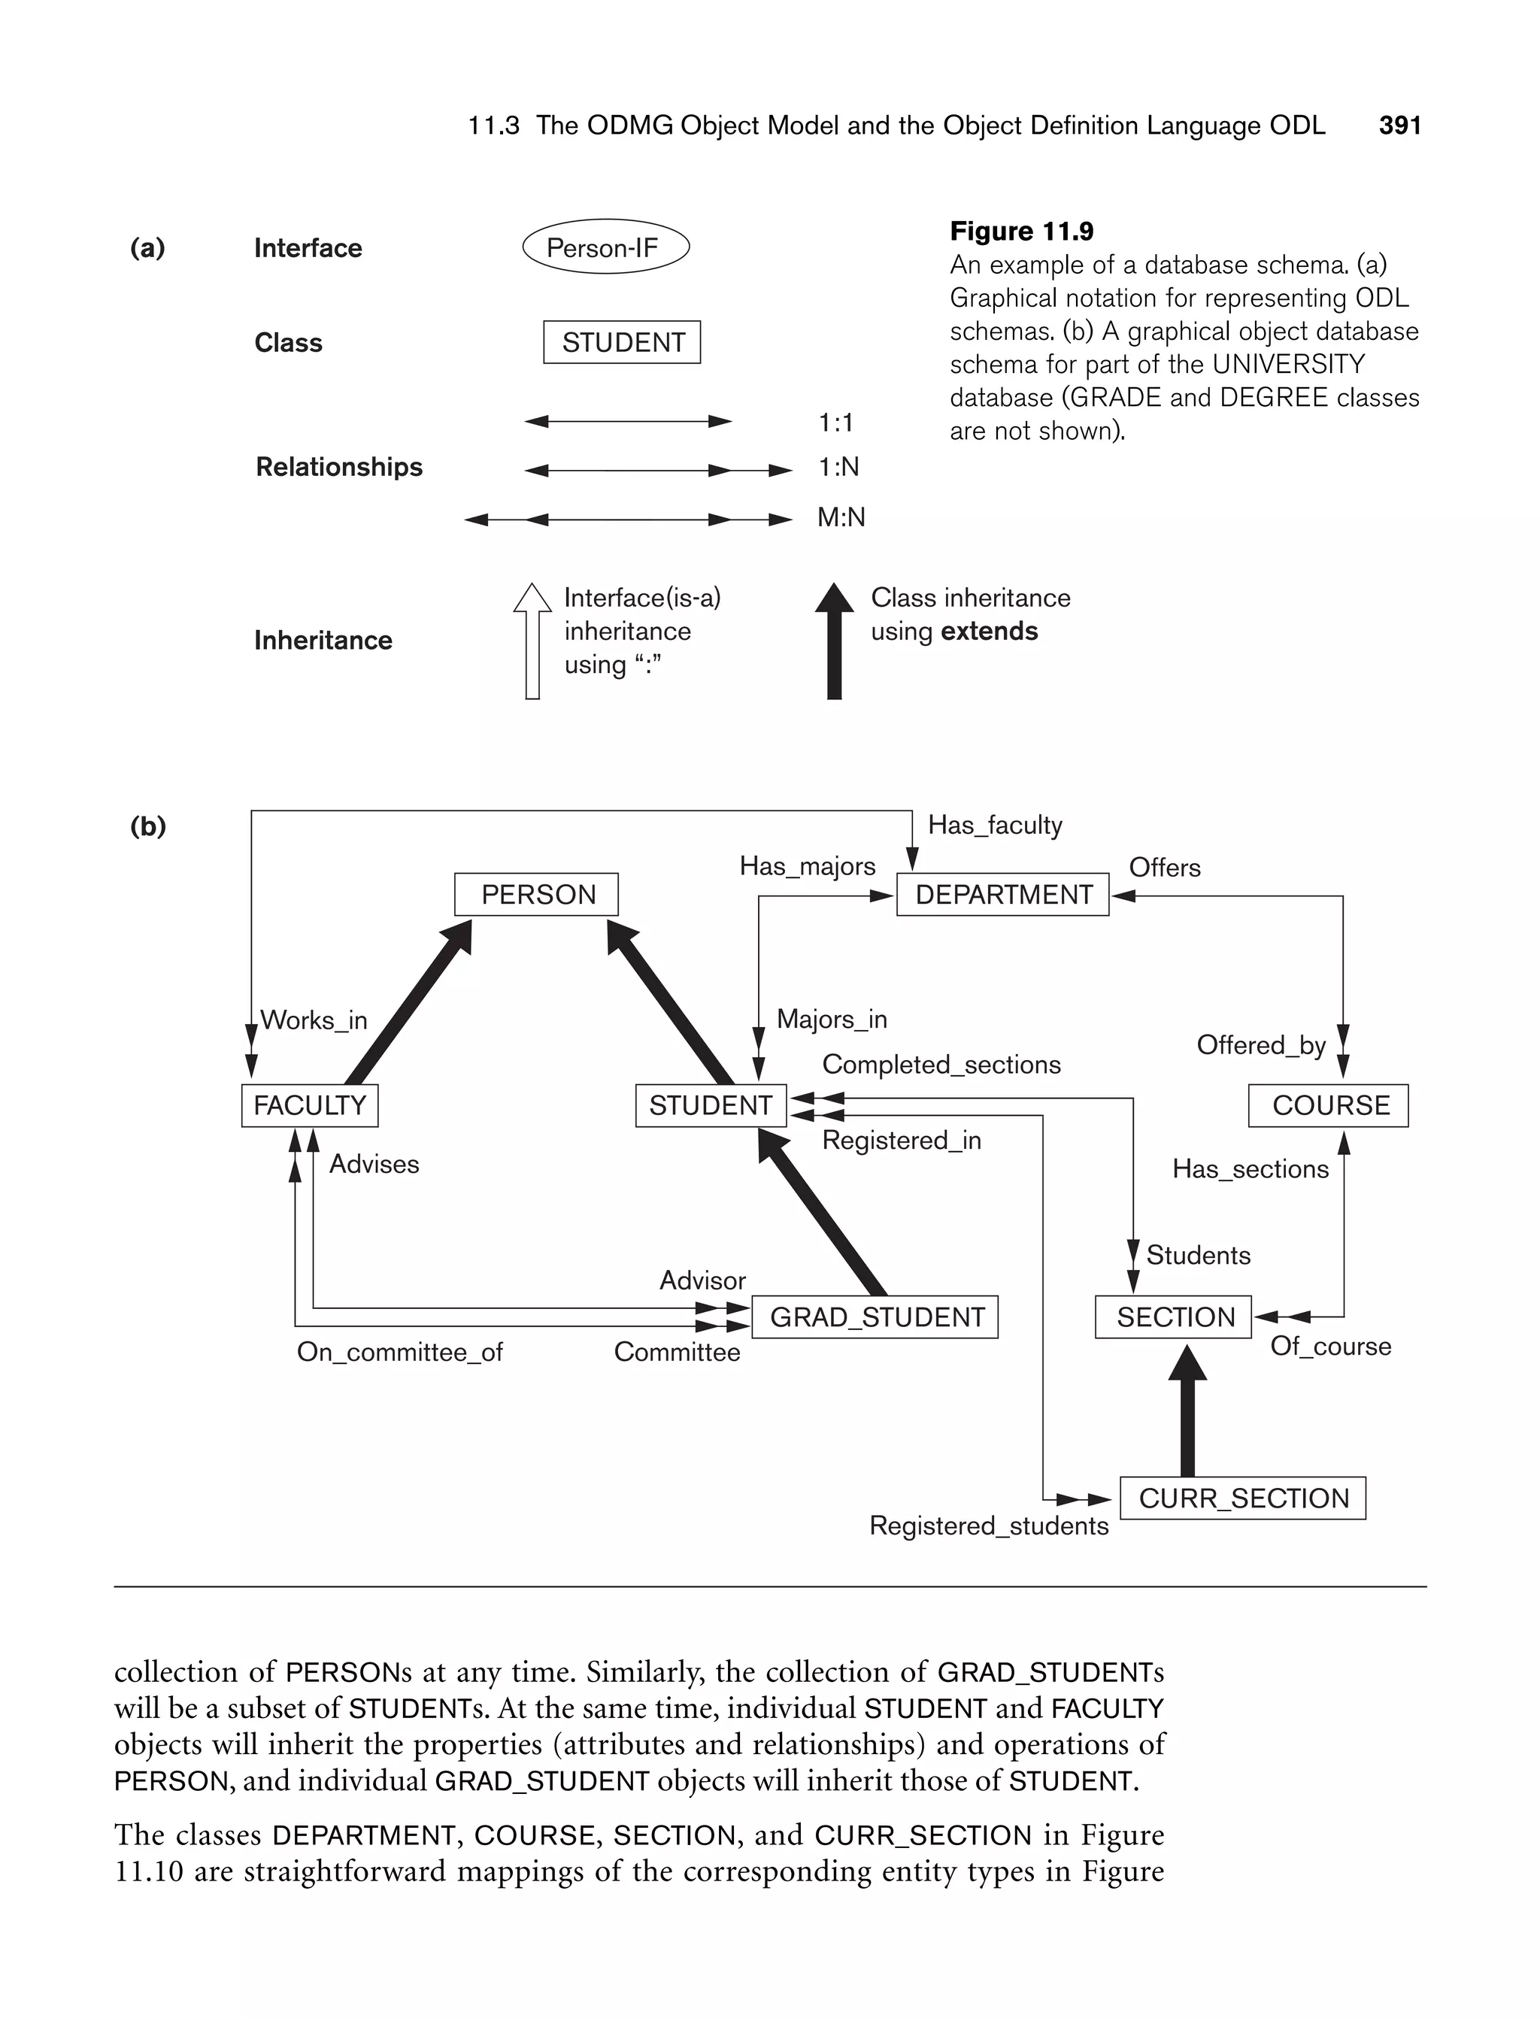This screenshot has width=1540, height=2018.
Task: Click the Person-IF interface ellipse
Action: tap(605, 247)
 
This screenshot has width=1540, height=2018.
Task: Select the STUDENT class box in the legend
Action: tap(622, 342)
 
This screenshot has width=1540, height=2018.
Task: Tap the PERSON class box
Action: tap(536, 895)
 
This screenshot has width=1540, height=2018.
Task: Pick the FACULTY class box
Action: tap(310, 1105)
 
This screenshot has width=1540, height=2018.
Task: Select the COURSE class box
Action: tap(1328, 1105)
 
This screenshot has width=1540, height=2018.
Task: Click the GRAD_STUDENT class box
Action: tap(875, 1317)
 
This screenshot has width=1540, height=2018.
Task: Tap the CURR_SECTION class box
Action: tap(1243, 1498)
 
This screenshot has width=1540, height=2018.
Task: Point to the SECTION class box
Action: tap(1173, 1317)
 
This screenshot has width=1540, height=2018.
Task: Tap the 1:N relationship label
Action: tap(838, 468)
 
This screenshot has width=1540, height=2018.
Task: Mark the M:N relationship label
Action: tap(841, 518)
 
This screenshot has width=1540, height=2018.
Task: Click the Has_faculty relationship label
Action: tap(995, 825)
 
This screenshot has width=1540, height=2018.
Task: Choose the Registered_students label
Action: tap(988, 1526)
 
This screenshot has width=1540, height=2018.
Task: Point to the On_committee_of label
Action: tap(400, 1353)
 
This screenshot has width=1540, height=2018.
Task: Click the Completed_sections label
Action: tap(941, 1065)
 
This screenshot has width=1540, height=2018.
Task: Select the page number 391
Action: tap(1399, 126)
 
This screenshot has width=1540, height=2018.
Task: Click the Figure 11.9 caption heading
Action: tap(1021, 231)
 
